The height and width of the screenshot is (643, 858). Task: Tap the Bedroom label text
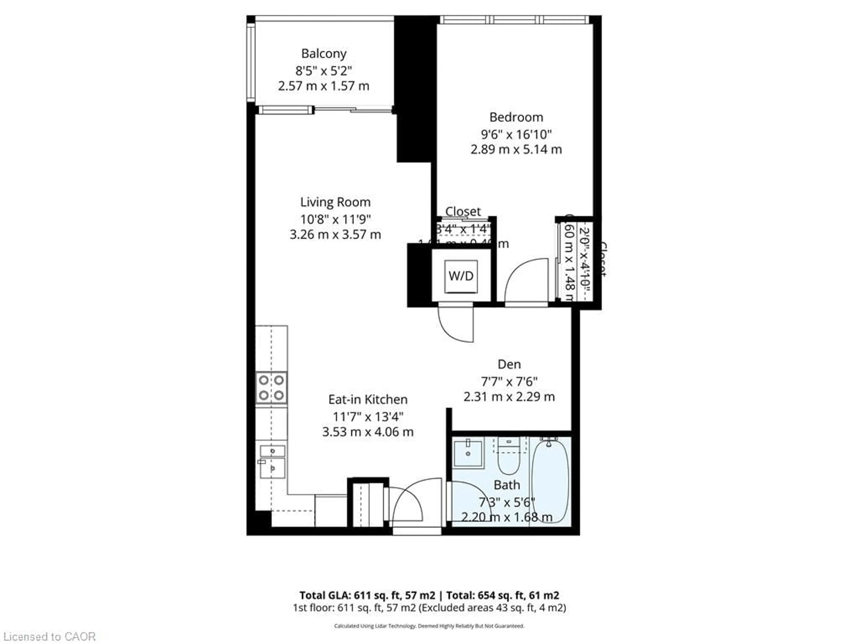point(516,117)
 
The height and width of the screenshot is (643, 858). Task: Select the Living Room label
point(335,202)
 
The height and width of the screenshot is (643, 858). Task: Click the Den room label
point(509,364)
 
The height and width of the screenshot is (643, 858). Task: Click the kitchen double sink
point(272,463)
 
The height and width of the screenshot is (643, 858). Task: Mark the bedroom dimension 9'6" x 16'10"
point(516,134)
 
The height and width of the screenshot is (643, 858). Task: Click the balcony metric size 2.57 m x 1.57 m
point(324,86)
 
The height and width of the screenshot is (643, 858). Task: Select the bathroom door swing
point(464,502)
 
